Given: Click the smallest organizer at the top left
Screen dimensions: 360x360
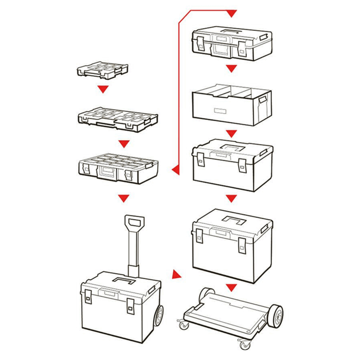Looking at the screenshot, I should click(102, 70).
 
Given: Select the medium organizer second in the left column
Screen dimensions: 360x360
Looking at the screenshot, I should click(118, 119).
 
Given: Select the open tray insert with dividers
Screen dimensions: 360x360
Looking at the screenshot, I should click(231, 102).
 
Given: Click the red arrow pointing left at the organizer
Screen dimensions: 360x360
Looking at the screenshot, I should click(175, 169).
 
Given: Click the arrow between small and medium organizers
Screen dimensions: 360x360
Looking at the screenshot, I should click(103, 89).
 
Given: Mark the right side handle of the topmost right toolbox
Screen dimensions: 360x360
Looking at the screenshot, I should click(264, 37).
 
